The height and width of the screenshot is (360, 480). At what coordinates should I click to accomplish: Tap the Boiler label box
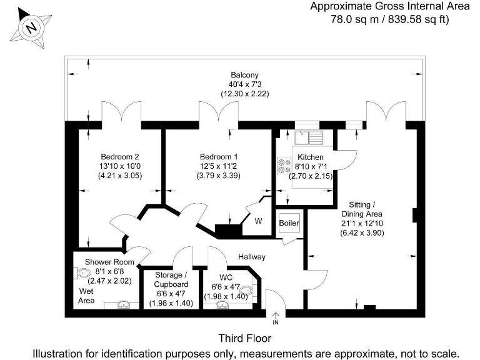coord(289,223)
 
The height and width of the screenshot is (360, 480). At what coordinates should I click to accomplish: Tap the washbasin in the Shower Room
coord(123,304)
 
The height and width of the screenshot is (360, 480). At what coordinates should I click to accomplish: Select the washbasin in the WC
coord(222,304)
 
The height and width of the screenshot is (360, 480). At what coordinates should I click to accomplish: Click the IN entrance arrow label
coord(275,322)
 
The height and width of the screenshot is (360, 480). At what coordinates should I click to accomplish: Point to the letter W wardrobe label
coord(257,220)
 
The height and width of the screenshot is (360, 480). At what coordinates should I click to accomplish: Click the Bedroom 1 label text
coord(219,156)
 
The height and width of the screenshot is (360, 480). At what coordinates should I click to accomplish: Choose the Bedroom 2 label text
coord(119,156)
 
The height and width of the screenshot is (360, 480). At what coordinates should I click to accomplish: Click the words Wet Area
coord(86,296)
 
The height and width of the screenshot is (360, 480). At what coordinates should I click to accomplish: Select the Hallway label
coord(251,256)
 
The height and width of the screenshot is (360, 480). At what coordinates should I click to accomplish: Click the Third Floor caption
coord(244,338)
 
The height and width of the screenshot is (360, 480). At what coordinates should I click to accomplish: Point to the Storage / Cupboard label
coord(171,279)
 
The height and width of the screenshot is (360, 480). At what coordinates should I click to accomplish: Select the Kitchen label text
coord(311,157)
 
